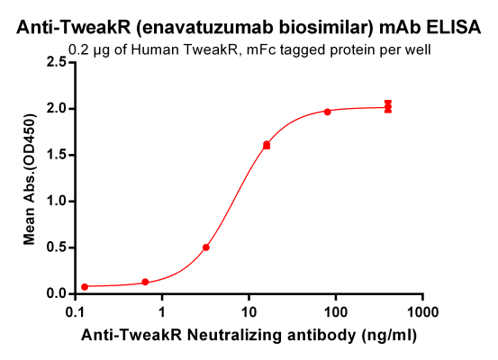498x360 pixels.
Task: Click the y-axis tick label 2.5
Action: coord(57,62)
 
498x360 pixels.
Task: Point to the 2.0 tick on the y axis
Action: coord(57,109)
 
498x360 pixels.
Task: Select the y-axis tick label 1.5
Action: coord(57,155)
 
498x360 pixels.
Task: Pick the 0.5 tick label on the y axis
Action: coord(57,247)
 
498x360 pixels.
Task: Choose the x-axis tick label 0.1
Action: coord(77,311)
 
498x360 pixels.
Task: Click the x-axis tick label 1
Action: coord(162,311)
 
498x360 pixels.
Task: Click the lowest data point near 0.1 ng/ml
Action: coord(85,287)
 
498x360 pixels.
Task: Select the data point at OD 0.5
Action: coord(206,247)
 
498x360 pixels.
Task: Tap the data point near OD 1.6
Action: coord(267,145)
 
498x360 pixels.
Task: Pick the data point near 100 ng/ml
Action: coord(327,112)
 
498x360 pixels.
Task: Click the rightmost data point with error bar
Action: coord(388,107)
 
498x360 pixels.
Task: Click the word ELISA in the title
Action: coord(455,28)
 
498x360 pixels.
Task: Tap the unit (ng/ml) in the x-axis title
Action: coord(385,334)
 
